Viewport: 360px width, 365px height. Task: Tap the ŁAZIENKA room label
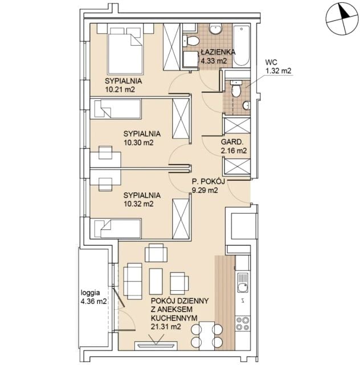pyautogui.click(x=218, y=52)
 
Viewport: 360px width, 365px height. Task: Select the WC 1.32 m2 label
pyautogui.click(x=279, y=66)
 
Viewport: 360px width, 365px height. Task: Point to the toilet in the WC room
pyautogui.click(x=236, y=88)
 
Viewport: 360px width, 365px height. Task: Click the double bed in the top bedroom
pyautogui.click(x=125, y=51)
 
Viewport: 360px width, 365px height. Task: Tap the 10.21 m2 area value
pyautogui.click(x=120, y=90)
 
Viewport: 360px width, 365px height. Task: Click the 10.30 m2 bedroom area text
pyautogui.click(x=138, y=143)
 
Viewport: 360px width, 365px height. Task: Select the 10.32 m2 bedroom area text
pyautogui.click(x=138, y=204)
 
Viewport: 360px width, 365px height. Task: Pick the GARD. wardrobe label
pyautogui.click(x=232, y=142)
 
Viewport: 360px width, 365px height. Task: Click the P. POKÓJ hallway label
pyautogui.click(x=208, y=181)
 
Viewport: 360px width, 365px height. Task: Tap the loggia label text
pyautogui.click(x=90, y=293)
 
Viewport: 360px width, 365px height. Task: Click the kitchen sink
pyautogui.click(x=243, y=282)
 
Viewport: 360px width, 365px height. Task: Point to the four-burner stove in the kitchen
pyautogui.click(x=243, y=323)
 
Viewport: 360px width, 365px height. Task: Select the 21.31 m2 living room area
pyautogui.click(x=166, y=327)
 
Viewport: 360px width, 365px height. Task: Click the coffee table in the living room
pyautogui.click(x=156, y=281)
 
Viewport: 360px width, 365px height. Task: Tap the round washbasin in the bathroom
pyautogui.click(x=215, y=29)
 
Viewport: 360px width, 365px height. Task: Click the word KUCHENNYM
pyautogui.click(x=174, y=318)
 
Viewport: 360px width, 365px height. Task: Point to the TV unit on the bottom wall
pyautogui.click(x=157, y=346)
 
